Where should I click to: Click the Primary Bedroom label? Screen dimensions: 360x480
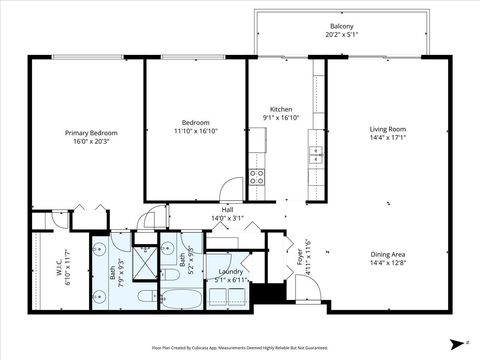coord(91,133)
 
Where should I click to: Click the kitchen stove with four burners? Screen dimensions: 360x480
coord(257,178)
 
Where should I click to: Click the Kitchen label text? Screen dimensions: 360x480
coord(281,109)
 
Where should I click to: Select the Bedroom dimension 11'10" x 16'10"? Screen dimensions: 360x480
coord(195,130)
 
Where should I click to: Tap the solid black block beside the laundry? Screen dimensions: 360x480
coord(264,294)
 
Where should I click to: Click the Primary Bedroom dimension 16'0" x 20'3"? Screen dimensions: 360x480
coord(91,141)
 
